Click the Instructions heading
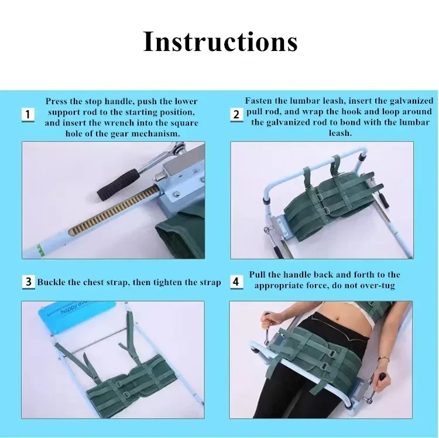[x=220, y=42]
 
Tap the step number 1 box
[x=28, y=115]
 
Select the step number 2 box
[x=236, y=115]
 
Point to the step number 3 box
[x=29, y=282]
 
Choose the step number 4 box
[x=236, y=282]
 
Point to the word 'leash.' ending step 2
[x=340, y=133]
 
